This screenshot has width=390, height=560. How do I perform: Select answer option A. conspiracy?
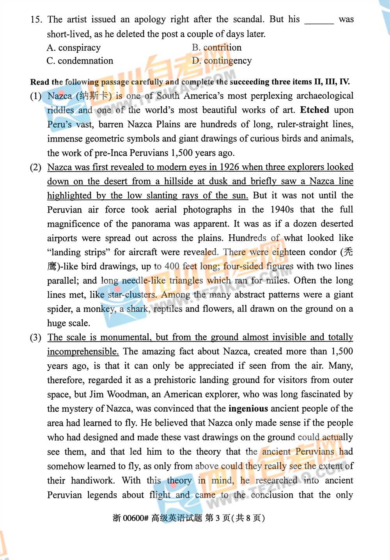point(74,48)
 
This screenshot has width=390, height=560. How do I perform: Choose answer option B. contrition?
point(217,48)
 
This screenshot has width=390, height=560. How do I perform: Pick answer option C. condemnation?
point(80,61)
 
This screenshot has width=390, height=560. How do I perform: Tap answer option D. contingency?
point(222,61)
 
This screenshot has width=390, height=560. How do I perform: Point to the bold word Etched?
point(314,110)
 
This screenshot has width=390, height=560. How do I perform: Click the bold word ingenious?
point(248,409)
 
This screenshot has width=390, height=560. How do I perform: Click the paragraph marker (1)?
point(36,96)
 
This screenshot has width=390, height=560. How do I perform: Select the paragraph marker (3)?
point(36,337)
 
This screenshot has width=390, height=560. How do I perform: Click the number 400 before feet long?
point(172,266)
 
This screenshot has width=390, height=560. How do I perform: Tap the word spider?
point(59,309)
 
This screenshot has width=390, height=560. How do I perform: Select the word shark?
point(137,309)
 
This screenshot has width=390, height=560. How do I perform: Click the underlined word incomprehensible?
point(83,352)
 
